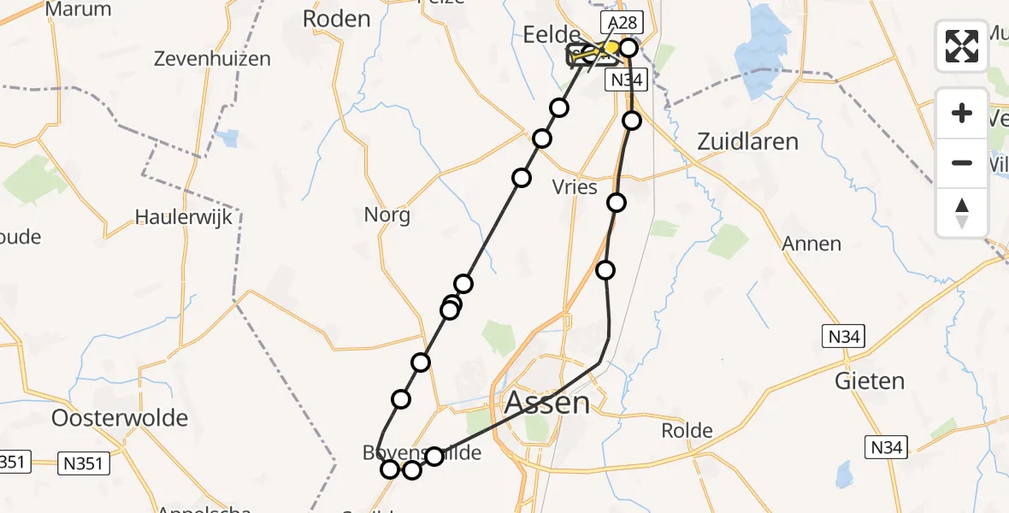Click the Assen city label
[x=547, y=402]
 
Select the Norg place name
[x=387, y=215]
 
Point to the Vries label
[x=575, y=187]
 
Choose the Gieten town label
[x=869, y=380]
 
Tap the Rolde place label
[x=687, y=431]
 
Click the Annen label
[x=811, y=245]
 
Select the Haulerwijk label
[x=184, y=217]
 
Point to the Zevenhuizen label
[x=213, y=59]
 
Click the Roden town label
[x=337, y=19]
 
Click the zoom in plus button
[x=962, y=113]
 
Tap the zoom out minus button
[x=962, y=162]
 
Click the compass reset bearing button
[x=962, y=213]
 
